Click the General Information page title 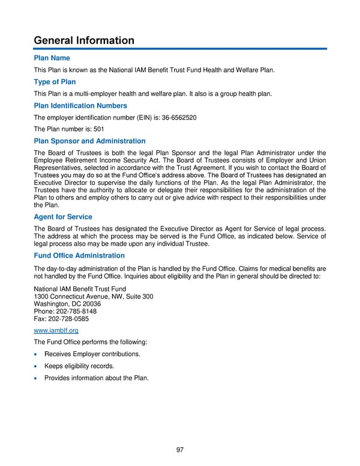click(x=84, y=40)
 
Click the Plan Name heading click(x=52, y=58)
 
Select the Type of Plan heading click(x=55, y=82)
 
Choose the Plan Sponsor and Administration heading click(x=90, y=141)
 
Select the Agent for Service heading click(x=63, y=217)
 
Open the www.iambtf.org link click(x=56, y=330)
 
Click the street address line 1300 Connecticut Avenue click(x=94, y=296)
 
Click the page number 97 click(x=180, y=450)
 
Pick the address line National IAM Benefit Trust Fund click(x=80, y=288)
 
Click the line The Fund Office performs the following click(x=91, y=342)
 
